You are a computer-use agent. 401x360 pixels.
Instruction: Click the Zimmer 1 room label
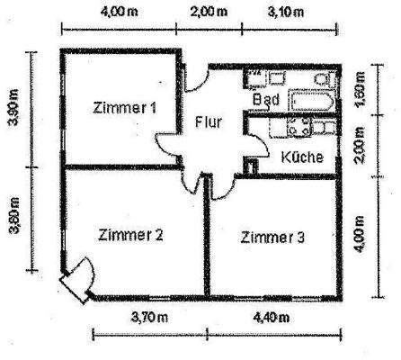click(126, 108)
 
